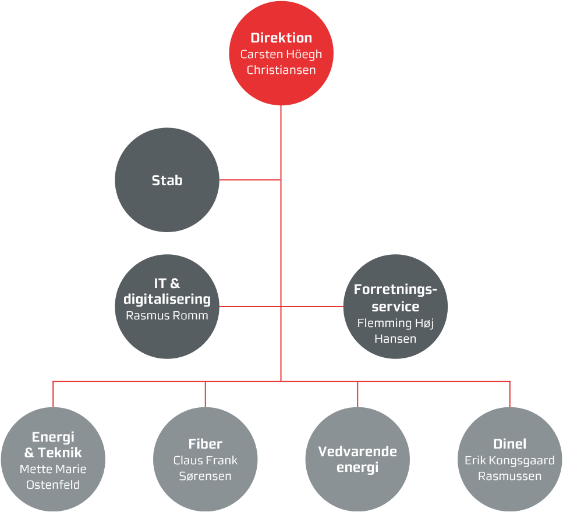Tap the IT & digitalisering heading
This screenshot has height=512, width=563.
click(x=167, y=291)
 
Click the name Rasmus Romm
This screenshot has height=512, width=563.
click(x=167, y=316)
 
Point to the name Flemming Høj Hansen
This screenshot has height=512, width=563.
click(x=395, y=330)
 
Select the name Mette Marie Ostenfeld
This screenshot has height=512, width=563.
click(x=53, y=477)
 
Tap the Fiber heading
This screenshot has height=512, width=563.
click(x=206, y=444)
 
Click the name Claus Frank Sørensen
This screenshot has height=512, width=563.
click(x=206, y=468)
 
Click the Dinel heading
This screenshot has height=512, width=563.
click(x=509, y=444)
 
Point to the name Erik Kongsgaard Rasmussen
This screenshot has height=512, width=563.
click(x=509, y=468)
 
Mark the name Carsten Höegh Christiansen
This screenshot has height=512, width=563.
click(x=281, y=62)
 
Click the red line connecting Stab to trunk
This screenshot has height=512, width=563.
click(x=250, y=180)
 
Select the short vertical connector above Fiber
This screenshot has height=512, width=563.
click(x=206, y=394)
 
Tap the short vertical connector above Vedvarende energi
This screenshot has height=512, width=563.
click(x=357, y=394)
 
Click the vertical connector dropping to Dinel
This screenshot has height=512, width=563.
click(x=509, y=394)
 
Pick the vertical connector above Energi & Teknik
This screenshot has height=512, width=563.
click(x=53, y=394)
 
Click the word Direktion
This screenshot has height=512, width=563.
click(x=281, y=38)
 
